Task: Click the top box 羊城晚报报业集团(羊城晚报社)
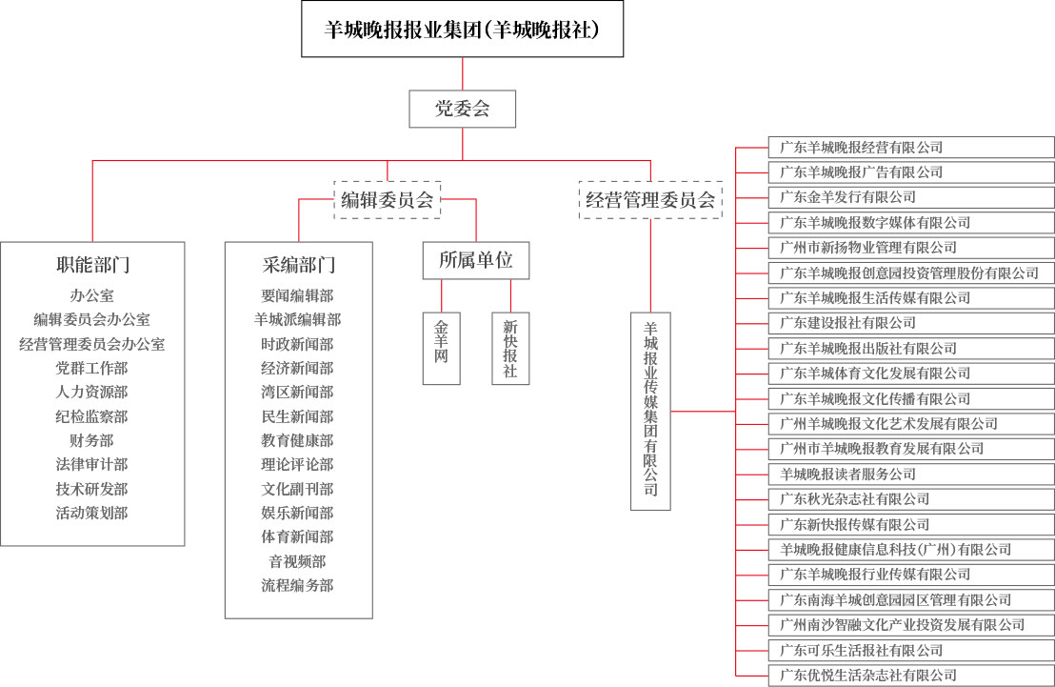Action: [462, 29]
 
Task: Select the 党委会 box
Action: [462, 109]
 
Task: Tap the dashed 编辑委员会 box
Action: [387, 199]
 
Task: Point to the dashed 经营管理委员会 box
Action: [650, 199]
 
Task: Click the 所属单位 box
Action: [476, 260]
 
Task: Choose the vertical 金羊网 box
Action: [442, 348]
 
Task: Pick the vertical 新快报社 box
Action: [510, 348]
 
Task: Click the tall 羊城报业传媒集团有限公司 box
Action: [650, 411]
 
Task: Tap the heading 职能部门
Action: [93, 265]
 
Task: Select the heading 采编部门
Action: [299, 265]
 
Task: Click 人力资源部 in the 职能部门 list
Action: [91, 392]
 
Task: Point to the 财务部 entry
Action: [91, 440]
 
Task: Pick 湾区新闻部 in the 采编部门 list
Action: [297, 392]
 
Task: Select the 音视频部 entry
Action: [297, 561]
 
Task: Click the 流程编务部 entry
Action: [297, 585]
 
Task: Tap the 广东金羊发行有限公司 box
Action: [911, 197]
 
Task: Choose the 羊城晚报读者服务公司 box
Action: [911, 475]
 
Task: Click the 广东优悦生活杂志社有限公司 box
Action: [911, 675]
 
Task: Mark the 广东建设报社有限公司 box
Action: [911, 323]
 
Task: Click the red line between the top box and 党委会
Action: [462, 74]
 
